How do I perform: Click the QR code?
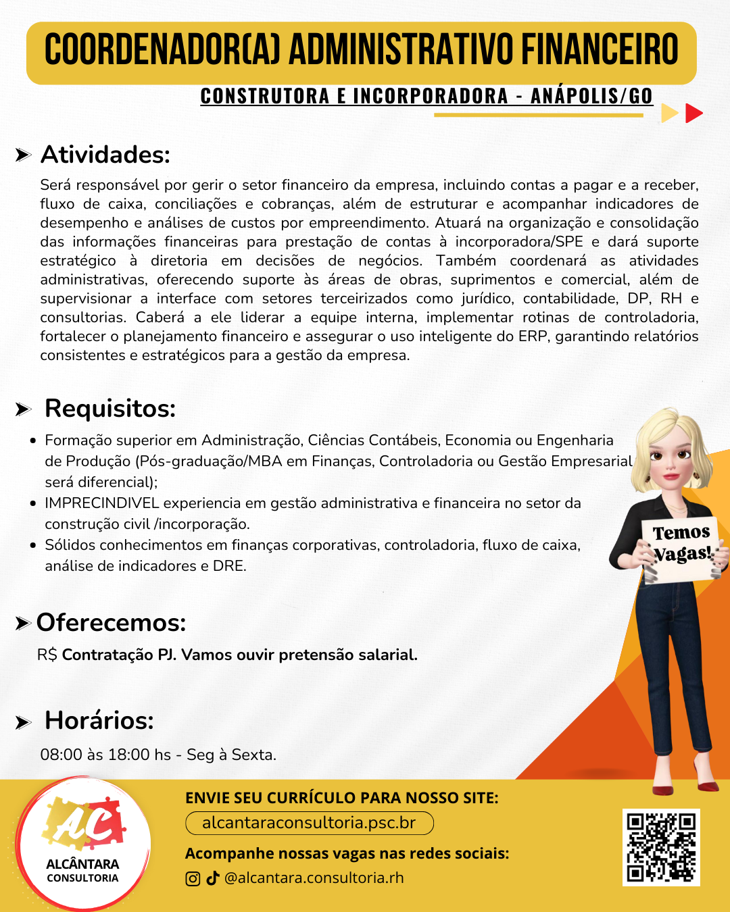tap(661, 847)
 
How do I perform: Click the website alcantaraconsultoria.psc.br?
tap(309, 823)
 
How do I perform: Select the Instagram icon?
tap(193, 878)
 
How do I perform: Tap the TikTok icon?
tap(213, 878)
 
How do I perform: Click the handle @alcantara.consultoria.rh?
tap(314, 878)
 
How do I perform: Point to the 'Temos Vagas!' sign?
tap(681, 544)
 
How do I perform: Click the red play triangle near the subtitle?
tap(693, 113)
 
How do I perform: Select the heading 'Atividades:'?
tap(105, 155)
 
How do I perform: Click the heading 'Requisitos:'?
tap(110, 409)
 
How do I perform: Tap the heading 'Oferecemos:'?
tap(111, 622)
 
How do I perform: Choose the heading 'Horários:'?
tap(99, 721)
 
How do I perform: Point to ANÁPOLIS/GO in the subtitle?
tap(591, 97)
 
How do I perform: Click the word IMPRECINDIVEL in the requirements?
tap(101, 503)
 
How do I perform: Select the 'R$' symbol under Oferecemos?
tap(47, 655)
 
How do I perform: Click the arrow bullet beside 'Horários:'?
tap(24, 722)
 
